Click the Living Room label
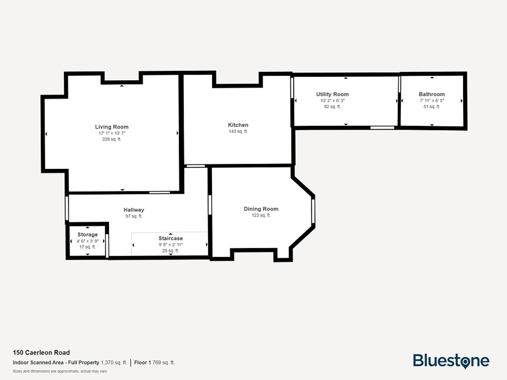click(x=112, y=127)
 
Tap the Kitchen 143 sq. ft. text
click(x=238, y=131)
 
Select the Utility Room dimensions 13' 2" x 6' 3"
click(x=332, y=101)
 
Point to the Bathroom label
click(x=431, y=94)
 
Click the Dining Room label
click(x=261, y=209)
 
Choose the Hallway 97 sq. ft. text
click(x=134, y=216)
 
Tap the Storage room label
click(x=87, y=235)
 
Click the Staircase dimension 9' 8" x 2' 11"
click(x=171, y=245)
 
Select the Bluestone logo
click(x=451, y=361)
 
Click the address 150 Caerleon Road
click(x=41, y=353)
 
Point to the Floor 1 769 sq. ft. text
click(x=154, y=363)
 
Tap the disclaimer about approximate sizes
click(x=60, y=371)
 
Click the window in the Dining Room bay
click(x=313, y=211)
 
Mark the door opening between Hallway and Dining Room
click(x=210, y=205)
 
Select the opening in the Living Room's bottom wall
click(x=159, y=193)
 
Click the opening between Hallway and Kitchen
click(x=196, y=166)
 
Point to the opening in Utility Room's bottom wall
click(x=382, y=128)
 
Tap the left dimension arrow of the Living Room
click(x=46, y=134)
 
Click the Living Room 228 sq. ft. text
click(x=112, y=139)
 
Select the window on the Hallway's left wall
click(x=67, y=208)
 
